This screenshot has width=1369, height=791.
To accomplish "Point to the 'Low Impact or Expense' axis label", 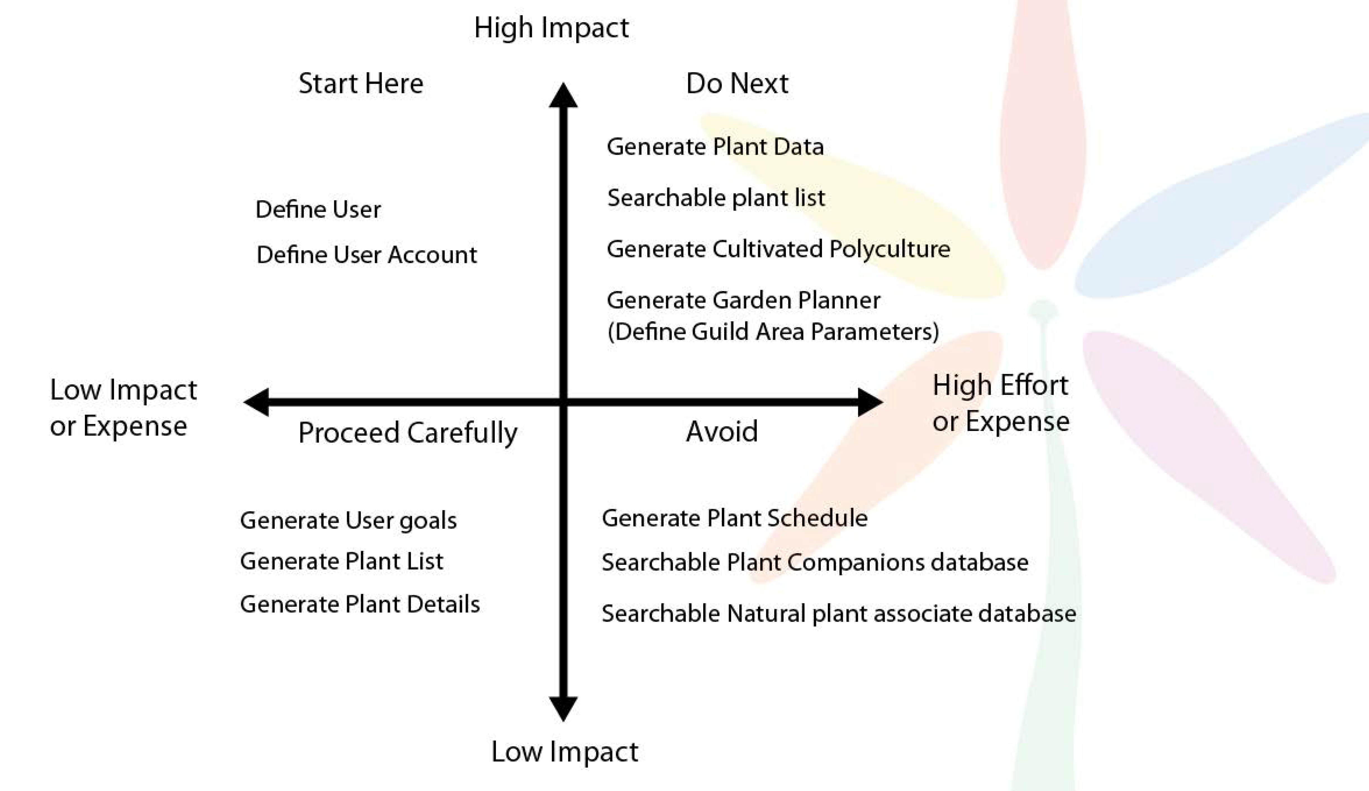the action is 123,408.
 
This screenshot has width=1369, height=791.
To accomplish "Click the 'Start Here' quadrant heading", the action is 361,84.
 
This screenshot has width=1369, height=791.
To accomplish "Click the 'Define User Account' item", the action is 367,255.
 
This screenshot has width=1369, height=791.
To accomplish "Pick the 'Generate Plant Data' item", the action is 715,147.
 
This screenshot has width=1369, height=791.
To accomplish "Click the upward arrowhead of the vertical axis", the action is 563,95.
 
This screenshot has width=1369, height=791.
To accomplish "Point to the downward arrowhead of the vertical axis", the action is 563,709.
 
